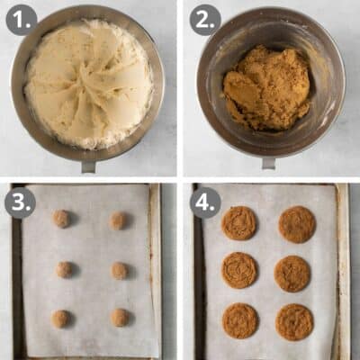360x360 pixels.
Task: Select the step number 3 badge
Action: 21,202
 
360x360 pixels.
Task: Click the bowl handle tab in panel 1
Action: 88,166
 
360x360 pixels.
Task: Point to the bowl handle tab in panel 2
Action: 268,163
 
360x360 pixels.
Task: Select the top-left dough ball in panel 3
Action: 61,219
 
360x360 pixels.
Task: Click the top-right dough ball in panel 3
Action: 118,220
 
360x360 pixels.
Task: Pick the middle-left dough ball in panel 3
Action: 63,269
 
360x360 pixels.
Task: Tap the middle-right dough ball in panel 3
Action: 119,270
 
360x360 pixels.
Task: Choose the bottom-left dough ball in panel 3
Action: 60,319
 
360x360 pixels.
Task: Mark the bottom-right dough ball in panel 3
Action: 119,318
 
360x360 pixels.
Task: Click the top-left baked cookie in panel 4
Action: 238,223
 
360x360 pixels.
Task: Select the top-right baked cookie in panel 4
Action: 297,224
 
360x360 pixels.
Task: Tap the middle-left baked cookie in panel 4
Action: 238,270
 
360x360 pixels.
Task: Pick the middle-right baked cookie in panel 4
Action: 292,274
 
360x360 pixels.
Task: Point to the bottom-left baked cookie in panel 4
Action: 240,321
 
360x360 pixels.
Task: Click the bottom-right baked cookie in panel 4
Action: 294,322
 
